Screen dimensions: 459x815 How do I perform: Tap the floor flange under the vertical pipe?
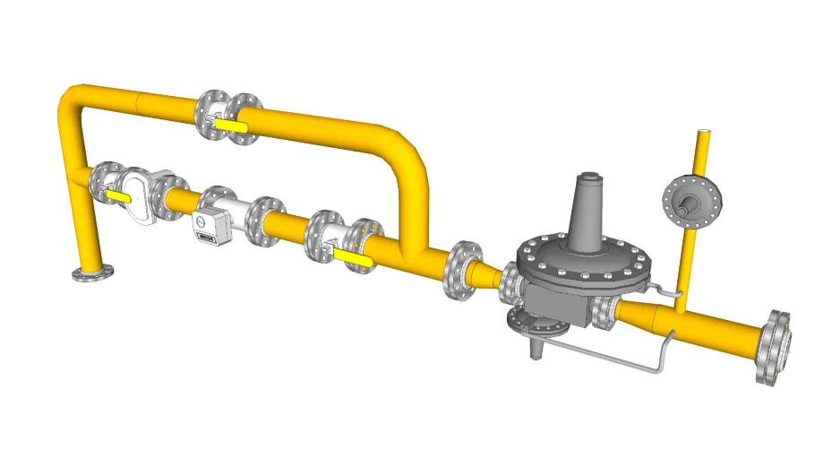pos(93,273)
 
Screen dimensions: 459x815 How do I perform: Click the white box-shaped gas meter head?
pos(207,224)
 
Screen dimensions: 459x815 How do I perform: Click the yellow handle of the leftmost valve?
pos(116,194)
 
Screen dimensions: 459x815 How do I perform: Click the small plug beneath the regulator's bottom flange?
pos(536,349)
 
